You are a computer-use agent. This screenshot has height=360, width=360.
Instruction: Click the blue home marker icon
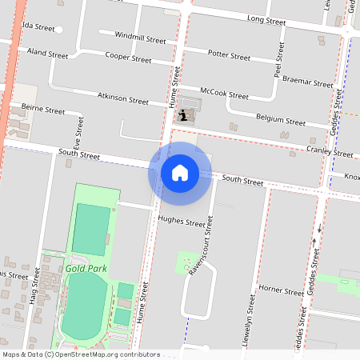tap(180, 173)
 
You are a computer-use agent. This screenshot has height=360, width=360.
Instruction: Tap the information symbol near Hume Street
tap(185, 116)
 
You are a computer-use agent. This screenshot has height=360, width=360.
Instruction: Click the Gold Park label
tap(86, 269)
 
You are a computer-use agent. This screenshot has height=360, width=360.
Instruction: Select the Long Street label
tap(266, 18)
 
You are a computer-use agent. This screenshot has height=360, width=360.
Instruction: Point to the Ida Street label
tap(38, 27)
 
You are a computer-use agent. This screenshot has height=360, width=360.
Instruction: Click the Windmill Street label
tap(140, 38)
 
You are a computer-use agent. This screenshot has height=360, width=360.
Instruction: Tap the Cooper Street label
tap(129, 59)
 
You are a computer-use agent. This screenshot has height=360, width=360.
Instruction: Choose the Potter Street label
tap(229, 56)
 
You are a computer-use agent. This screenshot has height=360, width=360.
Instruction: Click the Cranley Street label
tap(330, 152)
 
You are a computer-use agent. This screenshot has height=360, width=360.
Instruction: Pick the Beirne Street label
tap(43, 110)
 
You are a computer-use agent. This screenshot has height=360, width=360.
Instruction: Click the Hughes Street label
tap(182, 222)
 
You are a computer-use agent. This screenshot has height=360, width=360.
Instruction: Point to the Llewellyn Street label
tap(251, 328)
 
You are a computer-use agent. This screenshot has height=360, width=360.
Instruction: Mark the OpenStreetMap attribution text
tap(80, 354)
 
